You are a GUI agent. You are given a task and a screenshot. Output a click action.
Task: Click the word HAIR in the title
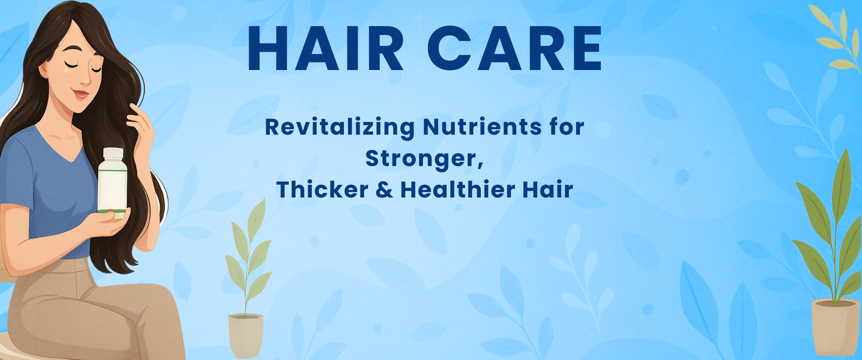pos(326,48)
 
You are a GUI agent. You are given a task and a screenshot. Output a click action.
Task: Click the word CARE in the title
pos(515,48)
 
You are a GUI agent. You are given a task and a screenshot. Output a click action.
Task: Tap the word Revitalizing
pos(340,127)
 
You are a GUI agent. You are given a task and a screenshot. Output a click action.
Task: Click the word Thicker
pos(322,189)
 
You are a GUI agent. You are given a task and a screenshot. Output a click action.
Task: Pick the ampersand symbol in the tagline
pos(384,189)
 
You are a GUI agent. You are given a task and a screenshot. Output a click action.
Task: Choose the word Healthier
pos(457,189)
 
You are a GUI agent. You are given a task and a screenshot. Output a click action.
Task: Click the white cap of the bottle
pos(113,153)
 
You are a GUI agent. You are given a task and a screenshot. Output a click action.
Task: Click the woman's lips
pos(80,95)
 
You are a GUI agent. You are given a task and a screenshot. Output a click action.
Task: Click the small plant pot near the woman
pos(246,334)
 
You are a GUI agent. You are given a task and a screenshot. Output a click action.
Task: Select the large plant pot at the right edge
pos(836,326)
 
